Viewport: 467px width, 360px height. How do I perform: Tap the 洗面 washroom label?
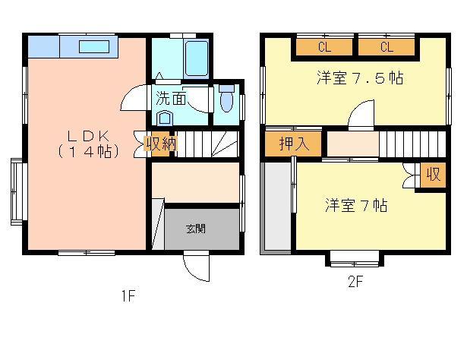coord(172,98)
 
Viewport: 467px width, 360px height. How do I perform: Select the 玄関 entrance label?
coord(196,228)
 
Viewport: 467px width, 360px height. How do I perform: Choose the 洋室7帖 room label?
coord(357,205)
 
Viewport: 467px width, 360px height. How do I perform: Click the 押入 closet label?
coord(293,144)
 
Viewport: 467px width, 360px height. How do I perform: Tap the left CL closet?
coord(324,48)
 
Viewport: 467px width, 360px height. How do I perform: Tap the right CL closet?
coord(387,48)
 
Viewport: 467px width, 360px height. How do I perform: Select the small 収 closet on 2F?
coord(433,175)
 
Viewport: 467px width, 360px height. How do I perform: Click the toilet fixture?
coord(226,101)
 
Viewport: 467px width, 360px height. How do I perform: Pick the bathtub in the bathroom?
coord(196,59)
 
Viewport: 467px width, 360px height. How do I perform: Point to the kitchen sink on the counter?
coord(96,46)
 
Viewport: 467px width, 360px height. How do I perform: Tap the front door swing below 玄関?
coord(194,267)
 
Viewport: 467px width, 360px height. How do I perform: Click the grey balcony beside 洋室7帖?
coord(276,207)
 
